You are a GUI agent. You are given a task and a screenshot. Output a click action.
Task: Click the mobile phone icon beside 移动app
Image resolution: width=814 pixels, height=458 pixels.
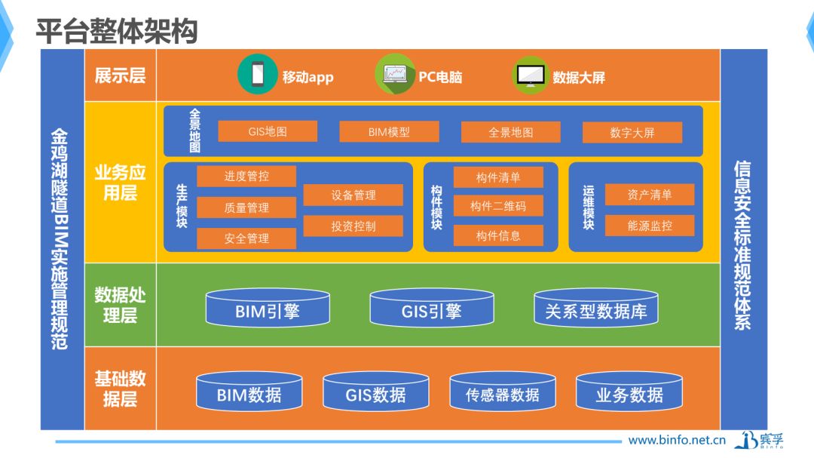[x=258, y=75]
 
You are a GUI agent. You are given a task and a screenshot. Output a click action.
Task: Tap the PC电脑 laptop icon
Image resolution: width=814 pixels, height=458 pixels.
[x=395, y=75]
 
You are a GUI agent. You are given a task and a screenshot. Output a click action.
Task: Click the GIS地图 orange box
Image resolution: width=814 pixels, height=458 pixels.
[x=268, y=131]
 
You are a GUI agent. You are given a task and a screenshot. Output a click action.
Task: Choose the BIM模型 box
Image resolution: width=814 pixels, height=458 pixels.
[x=389, y=132]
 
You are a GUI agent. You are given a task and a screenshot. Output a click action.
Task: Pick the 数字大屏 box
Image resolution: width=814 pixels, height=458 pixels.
[x=632, y=133]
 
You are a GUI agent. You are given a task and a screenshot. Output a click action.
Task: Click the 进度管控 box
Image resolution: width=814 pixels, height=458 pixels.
[x=246, y=177]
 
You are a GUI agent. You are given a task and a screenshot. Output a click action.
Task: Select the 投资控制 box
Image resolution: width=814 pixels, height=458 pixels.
[x=353, y=226]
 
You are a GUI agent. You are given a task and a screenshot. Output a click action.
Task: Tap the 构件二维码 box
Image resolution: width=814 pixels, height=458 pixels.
[x=498, y=207]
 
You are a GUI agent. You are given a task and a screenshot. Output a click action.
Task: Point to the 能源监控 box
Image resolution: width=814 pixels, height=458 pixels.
[x=650, y=226]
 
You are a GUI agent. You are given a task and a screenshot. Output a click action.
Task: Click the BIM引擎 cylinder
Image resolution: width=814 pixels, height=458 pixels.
[x=268, y=308]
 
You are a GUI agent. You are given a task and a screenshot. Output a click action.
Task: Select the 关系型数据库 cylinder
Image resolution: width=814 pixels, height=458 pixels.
[x=596, y=308]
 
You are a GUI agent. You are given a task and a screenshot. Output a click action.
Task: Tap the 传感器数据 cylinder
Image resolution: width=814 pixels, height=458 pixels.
[x=503, y=391]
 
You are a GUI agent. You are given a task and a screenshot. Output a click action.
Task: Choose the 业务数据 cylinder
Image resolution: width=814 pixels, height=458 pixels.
[x=629, y=391]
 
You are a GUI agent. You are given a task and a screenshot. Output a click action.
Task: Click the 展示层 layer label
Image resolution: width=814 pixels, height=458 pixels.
[x=120, y=76]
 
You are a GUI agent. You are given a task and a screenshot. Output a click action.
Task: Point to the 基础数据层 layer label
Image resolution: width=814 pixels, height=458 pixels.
[x=120, y=389]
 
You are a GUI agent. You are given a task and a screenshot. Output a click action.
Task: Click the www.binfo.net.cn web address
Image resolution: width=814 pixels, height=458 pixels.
[x=676, y=441]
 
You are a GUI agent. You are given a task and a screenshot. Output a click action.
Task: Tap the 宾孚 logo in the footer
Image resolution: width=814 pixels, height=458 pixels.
[x=759, y=441]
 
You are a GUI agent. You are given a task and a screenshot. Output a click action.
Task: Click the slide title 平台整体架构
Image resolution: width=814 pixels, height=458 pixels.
[x=117, y=31]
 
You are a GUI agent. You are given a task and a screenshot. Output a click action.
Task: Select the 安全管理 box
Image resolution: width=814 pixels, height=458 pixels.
[x=246, y=238]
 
